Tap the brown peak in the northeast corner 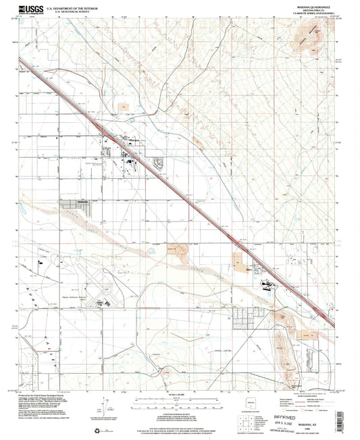coord(315,49)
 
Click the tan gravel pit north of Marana coord(124,107)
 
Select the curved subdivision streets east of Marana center coord(159,163)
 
